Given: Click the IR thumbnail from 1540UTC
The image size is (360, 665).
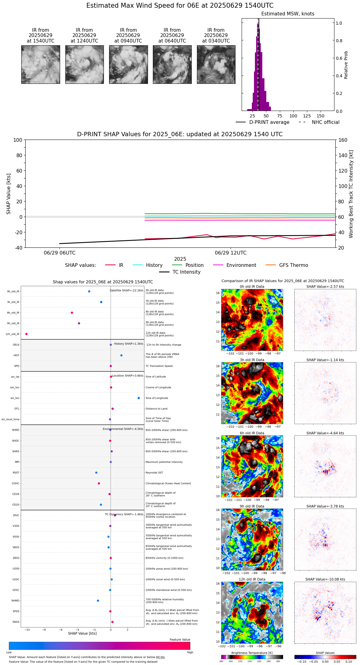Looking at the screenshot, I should pos(40,64).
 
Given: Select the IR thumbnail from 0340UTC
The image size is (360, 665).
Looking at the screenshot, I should pos(216,64).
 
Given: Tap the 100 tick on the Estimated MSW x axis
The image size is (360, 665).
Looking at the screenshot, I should pos(293,116).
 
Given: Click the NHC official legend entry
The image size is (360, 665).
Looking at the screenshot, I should pos(325,122).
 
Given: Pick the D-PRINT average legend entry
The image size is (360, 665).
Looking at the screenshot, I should pos(269,122).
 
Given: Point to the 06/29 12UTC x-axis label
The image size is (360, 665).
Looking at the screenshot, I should pos(231,253).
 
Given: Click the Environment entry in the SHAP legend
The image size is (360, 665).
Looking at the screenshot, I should pos(241,265).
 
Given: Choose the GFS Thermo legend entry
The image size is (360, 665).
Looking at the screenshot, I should pos(293,265).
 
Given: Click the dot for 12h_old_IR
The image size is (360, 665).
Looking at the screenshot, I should pos(27,334).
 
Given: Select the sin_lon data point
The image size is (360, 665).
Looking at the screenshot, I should pos(139,398).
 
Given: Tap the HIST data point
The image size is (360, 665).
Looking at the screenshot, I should pos(121,355).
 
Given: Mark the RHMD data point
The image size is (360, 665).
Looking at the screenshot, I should pos(98,601).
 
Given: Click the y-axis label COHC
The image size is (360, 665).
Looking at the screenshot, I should pos(15,483).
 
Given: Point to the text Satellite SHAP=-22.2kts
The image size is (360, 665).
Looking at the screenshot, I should pos(126,291).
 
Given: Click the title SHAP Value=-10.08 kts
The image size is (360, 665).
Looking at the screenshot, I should pos(325,579).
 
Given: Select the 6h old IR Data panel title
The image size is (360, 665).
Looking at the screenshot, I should pos(252,433).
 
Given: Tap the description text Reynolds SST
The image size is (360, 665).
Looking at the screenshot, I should pos(154,473).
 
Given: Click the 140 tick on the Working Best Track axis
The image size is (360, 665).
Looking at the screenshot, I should pos(343,155).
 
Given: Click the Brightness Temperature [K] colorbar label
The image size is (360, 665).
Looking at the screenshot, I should pos(252,653).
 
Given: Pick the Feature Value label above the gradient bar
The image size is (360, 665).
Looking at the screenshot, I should pos(180,640).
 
